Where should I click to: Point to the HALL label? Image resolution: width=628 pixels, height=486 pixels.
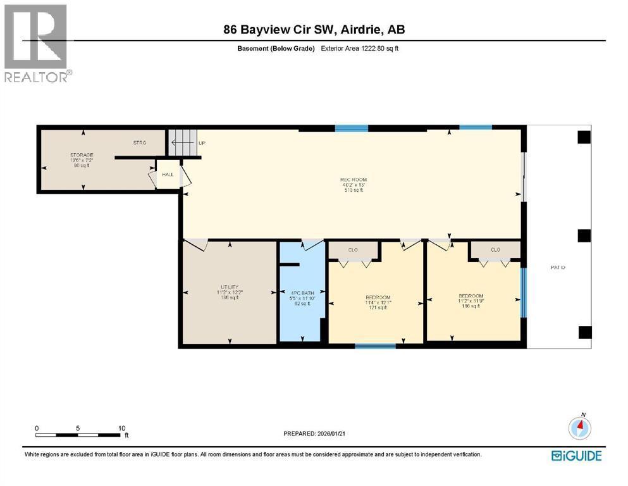pos(167,174)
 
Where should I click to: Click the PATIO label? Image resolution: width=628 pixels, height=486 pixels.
pos(557,268)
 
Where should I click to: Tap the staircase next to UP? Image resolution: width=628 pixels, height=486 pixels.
pos(181,142)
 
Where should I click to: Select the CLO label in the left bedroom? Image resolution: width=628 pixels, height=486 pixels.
pos(353,250)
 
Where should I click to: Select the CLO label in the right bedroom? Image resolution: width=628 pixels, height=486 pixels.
pos(495,250)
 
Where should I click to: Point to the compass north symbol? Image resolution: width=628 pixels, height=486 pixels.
pos(579,428)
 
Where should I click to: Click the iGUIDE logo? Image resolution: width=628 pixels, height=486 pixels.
pos(576,456)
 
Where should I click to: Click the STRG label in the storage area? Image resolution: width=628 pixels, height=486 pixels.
pos(139,143)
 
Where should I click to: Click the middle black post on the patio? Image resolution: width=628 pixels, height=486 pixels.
pos(584,235)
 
